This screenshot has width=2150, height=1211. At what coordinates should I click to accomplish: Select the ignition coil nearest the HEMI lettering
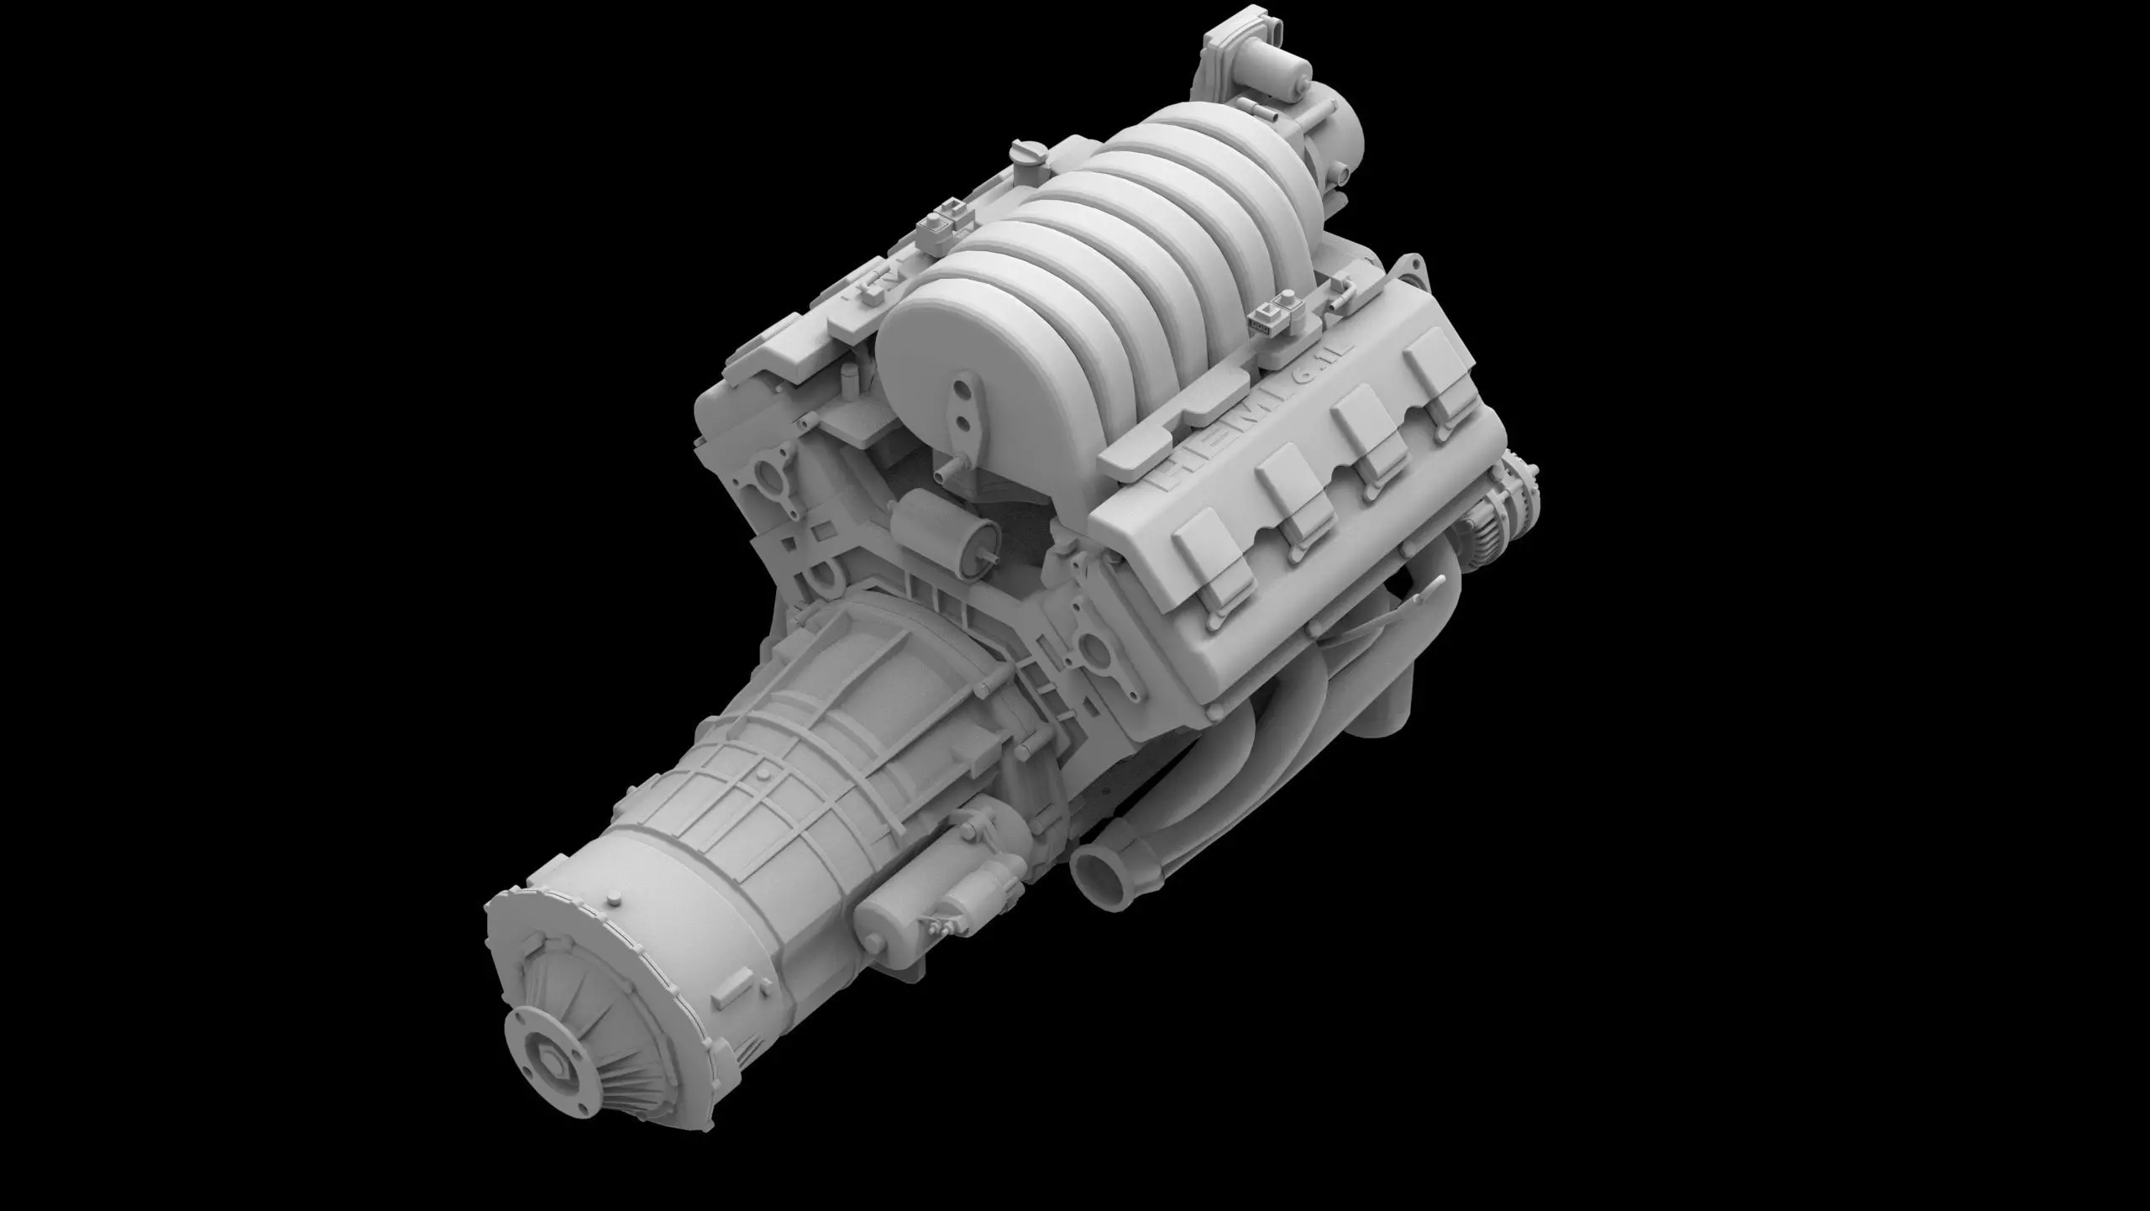tap(1209, 537)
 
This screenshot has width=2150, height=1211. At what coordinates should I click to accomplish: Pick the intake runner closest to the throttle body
tap(1193, 134)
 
